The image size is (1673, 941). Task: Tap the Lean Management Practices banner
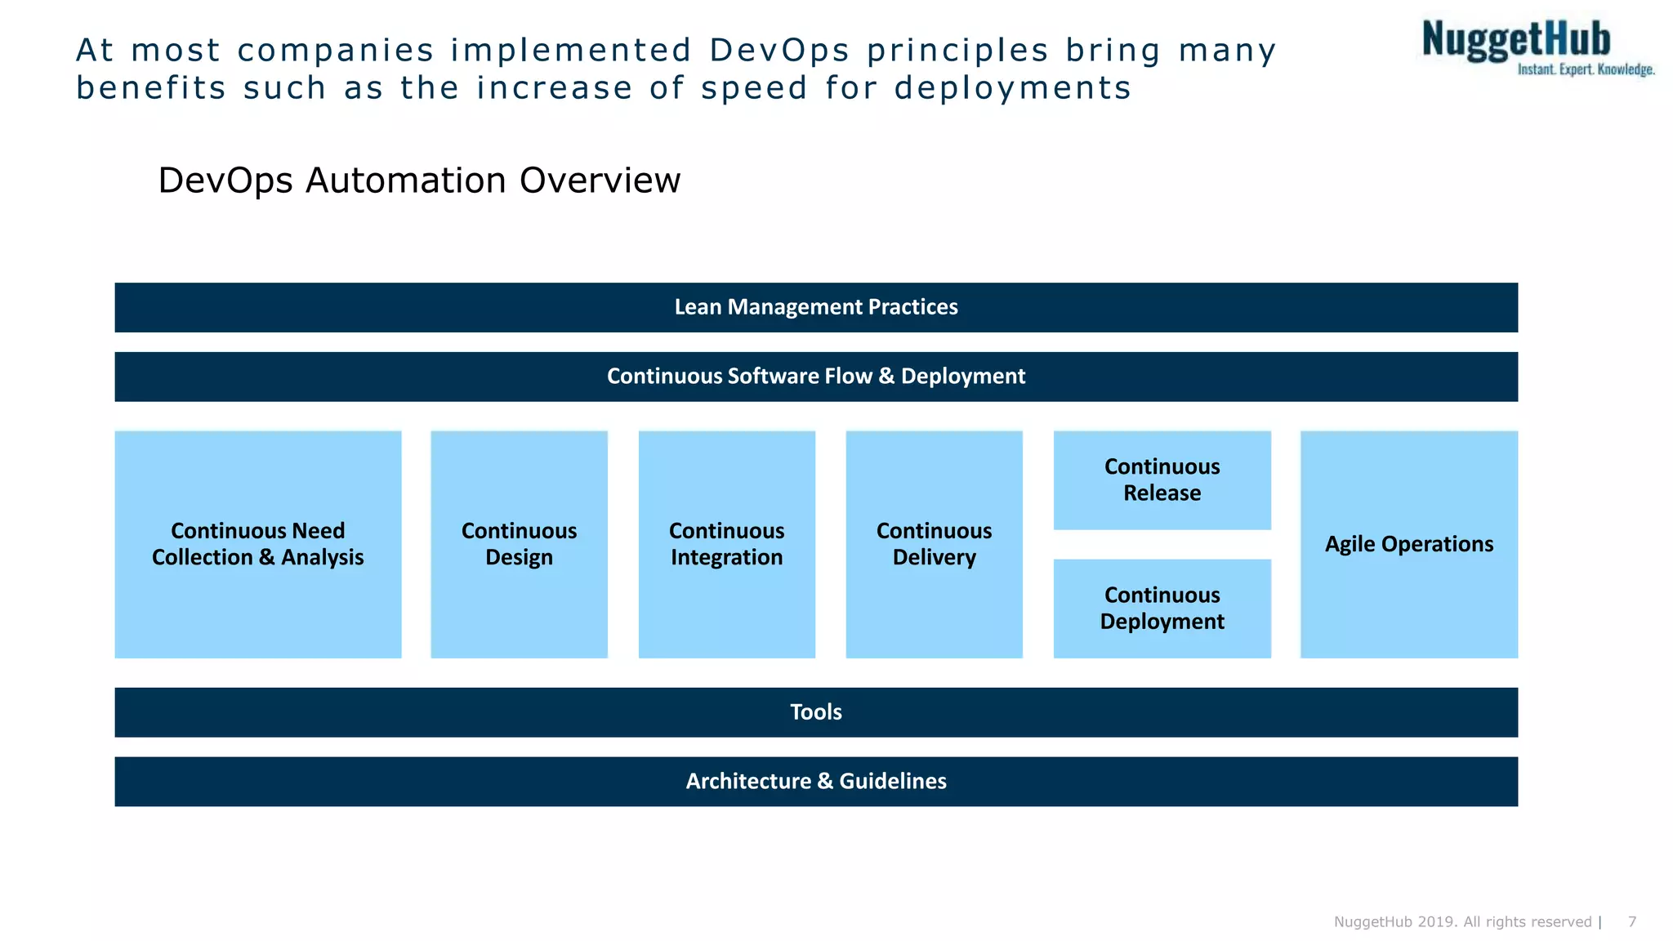tap(815, 307)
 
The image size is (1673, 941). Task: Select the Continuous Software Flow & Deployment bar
tap(815, 377)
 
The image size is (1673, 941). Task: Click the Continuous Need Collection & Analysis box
tap(257, 544)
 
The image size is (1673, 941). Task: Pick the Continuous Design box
tap(519, 544)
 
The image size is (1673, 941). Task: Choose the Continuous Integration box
tap(726, 544)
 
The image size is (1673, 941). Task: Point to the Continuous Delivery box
tap(934, 544)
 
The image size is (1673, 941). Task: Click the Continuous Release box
tap(1162, 480)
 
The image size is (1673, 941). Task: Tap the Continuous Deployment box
tap(1162, 609)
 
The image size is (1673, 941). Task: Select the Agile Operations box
tap(1408, 544)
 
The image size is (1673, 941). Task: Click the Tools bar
tap(815, 712)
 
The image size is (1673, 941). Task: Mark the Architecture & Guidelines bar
tap(815, 782)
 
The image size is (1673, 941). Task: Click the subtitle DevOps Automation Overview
tap(418, 181)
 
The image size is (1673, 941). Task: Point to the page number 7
tap(1631, 922)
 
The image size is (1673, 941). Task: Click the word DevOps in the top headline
tap(779, 51)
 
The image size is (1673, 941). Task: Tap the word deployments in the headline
tap(1012, 88)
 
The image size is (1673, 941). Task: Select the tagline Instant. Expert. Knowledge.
tap(1586, 70)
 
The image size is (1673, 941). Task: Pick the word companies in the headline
tap(335, 51)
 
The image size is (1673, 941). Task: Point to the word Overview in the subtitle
tap(600, 181)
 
